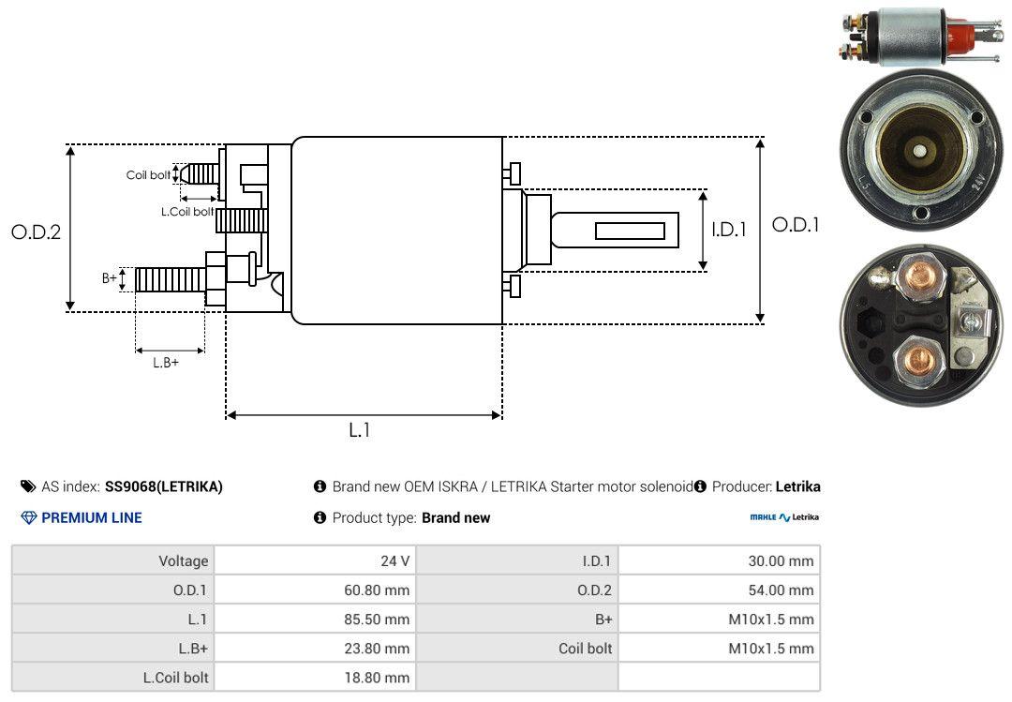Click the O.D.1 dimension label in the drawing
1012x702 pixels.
(x=796, y=225)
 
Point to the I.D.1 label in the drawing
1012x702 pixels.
(x=729, y=229)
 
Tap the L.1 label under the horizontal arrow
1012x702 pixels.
(x=360, y=430)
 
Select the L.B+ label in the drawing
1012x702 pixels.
(x=166, y=363)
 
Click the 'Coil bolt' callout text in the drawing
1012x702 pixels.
(x=148, y=175)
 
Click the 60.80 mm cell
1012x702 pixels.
(x=378, y=590)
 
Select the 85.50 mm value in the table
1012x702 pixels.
(x=378, y=620)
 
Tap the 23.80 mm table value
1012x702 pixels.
(x=378, y=649)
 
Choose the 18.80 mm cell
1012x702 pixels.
(x=378, y=677)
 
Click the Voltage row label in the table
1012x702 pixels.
(x=184, y=561)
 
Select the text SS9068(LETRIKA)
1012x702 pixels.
(x=164, y=486)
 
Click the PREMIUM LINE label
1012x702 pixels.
(x=92, y=517)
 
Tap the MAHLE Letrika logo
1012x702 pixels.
(x=784, y=517)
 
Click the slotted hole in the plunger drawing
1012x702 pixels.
(x=631, y=231)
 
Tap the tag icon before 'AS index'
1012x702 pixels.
(x=28, y=486)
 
